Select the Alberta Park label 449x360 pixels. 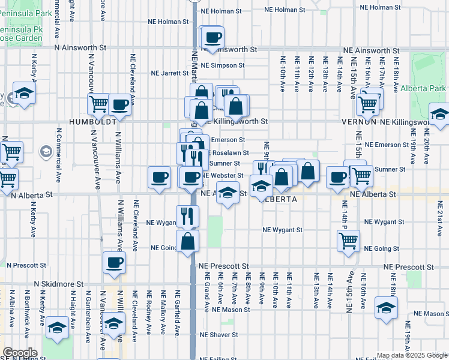pos(430,88)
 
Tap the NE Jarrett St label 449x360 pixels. pos(170,73)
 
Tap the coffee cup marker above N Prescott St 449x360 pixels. pos(114,262)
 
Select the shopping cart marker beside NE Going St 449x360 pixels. pos(348,241)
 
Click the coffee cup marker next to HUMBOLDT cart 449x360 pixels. pos(119,104)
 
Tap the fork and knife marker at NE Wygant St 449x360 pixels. pos(187,215)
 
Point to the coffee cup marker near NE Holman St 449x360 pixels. pos(212,37)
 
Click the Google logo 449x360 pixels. pos(20,353)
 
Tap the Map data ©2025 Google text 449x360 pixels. pos(406,355)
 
